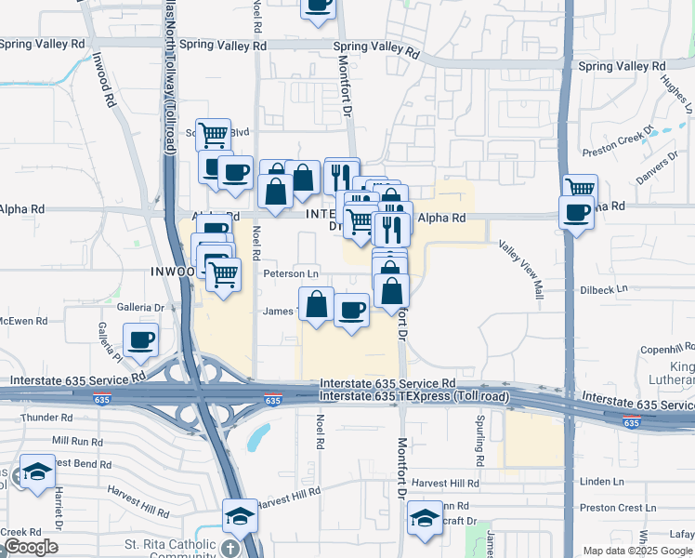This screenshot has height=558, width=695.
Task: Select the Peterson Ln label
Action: point(291,273)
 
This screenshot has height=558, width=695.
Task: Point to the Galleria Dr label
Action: point(141,306)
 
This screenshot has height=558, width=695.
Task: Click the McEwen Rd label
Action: point(22,321)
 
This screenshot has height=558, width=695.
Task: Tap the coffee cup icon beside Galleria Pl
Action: point(140,340)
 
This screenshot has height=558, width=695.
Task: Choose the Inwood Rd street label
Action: point(103,80)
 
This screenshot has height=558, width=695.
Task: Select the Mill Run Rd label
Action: point(76,439)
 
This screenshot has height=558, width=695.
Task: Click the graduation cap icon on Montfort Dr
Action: point(426,517)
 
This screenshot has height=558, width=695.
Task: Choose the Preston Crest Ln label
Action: point(611,508)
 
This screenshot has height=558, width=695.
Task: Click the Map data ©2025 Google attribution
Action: point(636,551)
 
